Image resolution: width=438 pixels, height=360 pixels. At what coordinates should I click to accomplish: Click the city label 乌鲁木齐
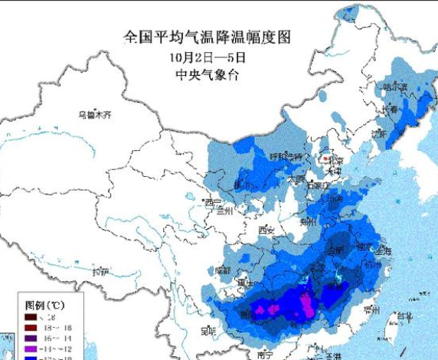coord(94,115)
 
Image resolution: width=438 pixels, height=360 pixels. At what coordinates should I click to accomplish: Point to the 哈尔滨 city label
coord(396,87)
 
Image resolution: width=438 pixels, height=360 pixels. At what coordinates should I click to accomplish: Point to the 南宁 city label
coord(266,354)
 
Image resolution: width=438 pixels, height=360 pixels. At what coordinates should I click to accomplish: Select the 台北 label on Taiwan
coord(401,315)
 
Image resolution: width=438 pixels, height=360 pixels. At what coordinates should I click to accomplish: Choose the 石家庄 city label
coord(317,185)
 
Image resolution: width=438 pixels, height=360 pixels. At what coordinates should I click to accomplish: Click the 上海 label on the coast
coord(384,250)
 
